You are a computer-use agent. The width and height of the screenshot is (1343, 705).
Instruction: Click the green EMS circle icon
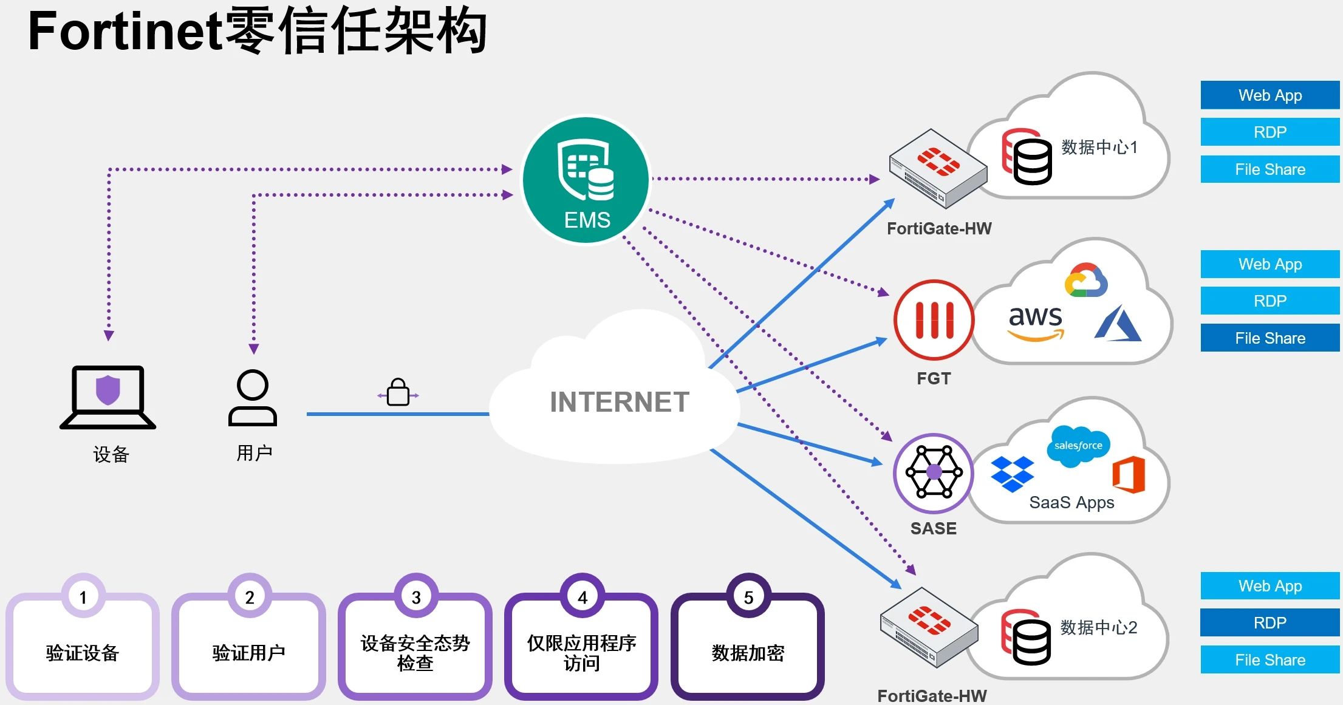click(586, 180)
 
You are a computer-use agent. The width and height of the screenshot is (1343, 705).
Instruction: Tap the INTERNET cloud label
click(619, 402)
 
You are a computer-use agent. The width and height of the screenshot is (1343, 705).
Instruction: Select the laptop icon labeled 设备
click(108, 397)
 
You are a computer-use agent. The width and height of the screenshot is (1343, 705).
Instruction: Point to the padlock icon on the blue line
click(398, 393)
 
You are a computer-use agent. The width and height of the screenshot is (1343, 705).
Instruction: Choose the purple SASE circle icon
click(934, 472)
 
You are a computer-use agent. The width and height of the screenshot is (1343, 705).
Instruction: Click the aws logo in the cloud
click(1036, 322)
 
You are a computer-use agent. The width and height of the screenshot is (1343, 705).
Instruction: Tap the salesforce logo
click(1078, 446)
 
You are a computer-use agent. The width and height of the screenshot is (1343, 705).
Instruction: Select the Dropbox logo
click(1012, 474)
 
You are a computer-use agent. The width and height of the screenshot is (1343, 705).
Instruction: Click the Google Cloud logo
click(1086, 281)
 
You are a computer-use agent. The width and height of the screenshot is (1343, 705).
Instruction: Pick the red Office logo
click(1129, 475)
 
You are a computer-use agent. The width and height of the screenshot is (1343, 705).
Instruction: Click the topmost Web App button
click(1270, 95)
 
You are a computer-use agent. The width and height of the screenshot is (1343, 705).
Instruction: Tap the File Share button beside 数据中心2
click(1270, 660)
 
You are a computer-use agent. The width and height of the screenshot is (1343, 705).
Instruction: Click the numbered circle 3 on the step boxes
click(416, 598)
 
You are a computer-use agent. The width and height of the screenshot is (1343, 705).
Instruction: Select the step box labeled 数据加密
click(748, 653)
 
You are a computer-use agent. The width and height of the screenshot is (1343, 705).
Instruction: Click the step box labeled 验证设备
click(83, 653)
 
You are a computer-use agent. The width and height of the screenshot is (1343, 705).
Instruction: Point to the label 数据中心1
click(1099, 147)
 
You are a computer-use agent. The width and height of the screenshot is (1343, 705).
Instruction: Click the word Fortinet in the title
click(125, 32)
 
